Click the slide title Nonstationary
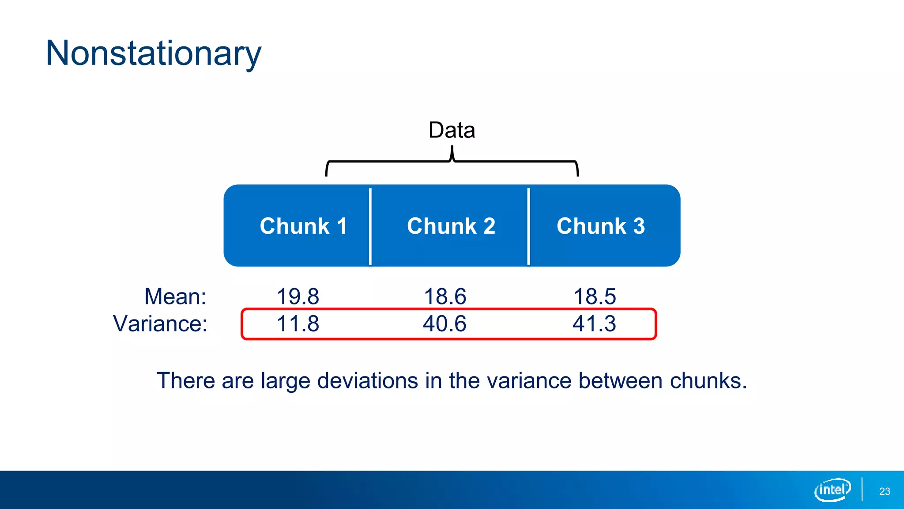[x=153, y=53]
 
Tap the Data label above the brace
[x=452, y=130]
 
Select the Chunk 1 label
[x=303, y=226]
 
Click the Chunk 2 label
[x=451, y=226]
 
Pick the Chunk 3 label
[x=601, y=226]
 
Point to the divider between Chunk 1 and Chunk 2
[x=370, y=226]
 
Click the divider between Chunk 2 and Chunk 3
[x=528, y=226]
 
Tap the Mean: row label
[x=175, y=296]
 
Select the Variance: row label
[x=160, y=323]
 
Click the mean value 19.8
[x=298, y=296]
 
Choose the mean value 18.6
[x=445, y=296]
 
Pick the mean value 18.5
[x=595, y=296]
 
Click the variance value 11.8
[x=298, y=323]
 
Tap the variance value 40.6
[x=445, y=323]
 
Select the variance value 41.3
[x=595, y=323]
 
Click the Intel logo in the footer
[x=832, y=490]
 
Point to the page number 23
[x=885, y=491]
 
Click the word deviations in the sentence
[x=367, y=380]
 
